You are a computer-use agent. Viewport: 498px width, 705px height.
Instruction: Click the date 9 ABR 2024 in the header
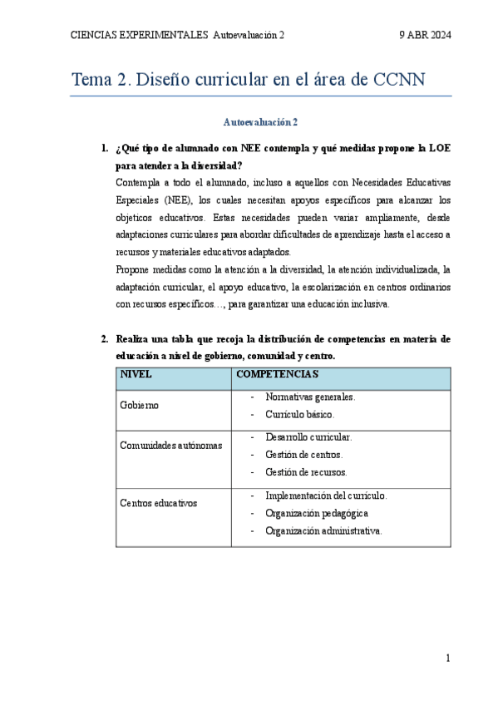[425, 35]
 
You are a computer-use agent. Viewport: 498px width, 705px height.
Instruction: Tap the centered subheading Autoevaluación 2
[260, 121]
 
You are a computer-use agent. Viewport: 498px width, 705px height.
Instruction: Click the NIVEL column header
[136, 375]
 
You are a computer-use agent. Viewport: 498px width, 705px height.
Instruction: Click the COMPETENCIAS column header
[277, 375]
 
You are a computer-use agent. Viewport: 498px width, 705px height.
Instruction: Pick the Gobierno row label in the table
[140, 405]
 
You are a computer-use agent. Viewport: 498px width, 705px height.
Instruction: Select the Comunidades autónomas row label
[171, 445]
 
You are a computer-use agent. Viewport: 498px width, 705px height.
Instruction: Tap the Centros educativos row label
[159, 502]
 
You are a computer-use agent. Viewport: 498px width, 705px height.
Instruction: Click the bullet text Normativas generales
[310, 397]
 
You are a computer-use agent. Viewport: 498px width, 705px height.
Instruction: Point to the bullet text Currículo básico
[300, 413]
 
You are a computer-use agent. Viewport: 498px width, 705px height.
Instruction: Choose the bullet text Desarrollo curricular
[308, 436]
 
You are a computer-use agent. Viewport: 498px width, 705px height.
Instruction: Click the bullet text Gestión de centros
[303, 454]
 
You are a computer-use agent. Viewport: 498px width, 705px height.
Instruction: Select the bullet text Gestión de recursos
[306, 471]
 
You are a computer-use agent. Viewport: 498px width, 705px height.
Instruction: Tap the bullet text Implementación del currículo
[326, 495]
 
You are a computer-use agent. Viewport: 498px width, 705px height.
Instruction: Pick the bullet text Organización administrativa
[323, 530]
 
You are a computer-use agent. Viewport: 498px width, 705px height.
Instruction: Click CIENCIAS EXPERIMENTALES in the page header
[140, 35]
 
